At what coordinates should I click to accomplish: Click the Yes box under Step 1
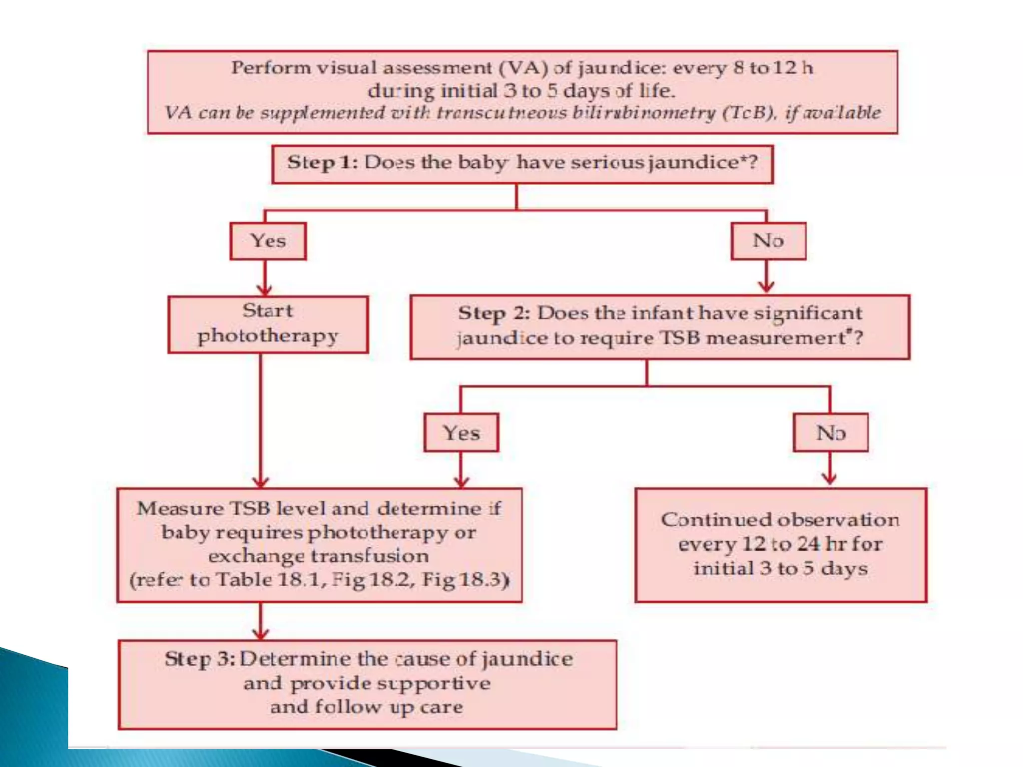[x=268, y=241]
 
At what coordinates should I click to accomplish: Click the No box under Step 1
[x=768, y=241]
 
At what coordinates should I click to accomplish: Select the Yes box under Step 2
[x=461, y=432]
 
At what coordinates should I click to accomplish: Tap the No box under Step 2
[x=830, y=432]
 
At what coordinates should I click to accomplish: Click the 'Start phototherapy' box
[x=268, y=324]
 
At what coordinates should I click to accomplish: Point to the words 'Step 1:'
[x=322, y=163]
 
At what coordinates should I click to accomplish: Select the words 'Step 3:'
[x=200, y=659]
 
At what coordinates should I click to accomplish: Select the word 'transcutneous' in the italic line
[x=502, y=113]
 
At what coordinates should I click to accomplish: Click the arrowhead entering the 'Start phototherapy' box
[x=264, y=290]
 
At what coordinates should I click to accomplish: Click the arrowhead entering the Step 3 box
[x=261, y=634]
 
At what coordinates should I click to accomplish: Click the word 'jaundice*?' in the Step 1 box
[x=703, y=163]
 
